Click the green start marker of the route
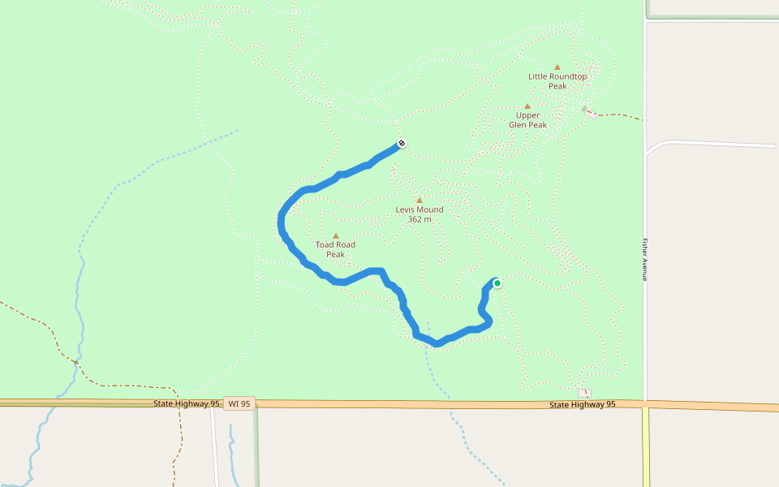[497, 283]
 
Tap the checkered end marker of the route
[402, 144]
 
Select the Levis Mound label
[420, 209]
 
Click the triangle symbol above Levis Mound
[420, 200]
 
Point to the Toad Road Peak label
[335, 249]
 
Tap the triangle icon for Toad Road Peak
[335, 236]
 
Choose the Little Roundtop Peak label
[557, 81]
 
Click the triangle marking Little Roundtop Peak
[557, 67]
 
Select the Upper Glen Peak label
[527, 120]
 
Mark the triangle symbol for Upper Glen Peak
[527, 106]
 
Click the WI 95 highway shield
[239, 403]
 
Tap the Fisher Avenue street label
[644, 260]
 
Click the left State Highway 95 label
[187, 403]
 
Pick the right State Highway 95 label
[582, 404]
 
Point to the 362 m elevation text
[420, 219]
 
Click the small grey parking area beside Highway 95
[584, 393]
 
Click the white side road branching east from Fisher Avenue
[714, 144]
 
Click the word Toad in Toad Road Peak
[325, 244]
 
